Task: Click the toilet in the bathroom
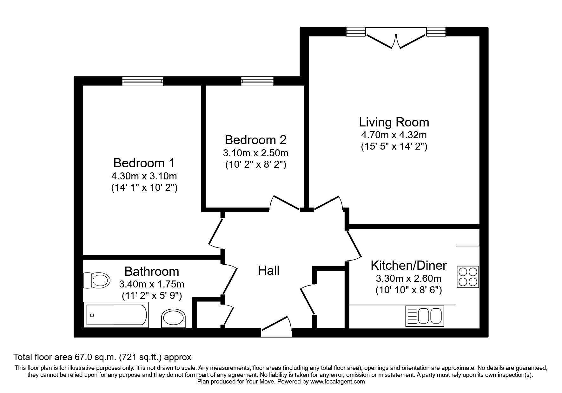(x=96, y=280)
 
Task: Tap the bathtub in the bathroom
(x=116, y=315)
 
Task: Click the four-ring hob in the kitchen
(x=468, y=276)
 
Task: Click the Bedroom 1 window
(x=143, y=81)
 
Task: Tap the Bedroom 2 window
(x=257, y=81)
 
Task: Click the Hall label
(x=268, y=271)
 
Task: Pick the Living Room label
(x=394, y=122)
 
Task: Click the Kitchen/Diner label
(x=409, y=265)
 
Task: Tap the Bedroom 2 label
(x=255, y=140)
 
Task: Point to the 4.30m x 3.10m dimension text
(x=144, y=176)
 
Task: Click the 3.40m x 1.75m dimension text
(x=152, y=284)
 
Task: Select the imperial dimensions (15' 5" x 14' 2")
(x=394, y=147)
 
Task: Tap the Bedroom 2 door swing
(x=285, y=203)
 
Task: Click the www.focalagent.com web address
(x=338, y=382)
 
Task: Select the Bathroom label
(x=152, y=272)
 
